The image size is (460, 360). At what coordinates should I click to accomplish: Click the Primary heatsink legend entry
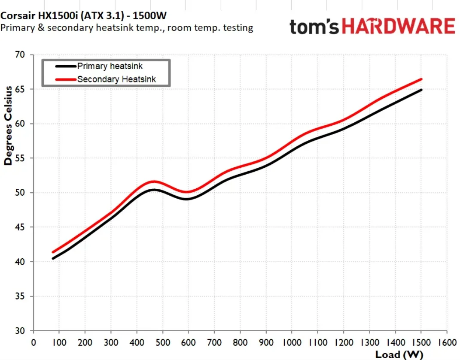[x=110, y=67]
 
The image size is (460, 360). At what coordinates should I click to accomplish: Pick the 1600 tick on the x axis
[x=446, y=343]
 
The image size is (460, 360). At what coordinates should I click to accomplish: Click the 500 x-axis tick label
[x=162, y=343]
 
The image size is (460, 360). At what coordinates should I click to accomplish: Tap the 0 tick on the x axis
[x=34, y=343]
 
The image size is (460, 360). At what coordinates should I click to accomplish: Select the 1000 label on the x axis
[x=292, y=343]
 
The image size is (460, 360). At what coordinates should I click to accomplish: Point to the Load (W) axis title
[x=399, y=354]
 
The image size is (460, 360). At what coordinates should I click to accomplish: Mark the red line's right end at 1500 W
[x=421, y=79]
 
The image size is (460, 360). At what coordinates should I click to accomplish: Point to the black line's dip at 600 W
[x=187, y=199]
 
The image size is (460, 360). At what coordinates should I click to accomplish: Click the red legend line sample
[x=66, y=79]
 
